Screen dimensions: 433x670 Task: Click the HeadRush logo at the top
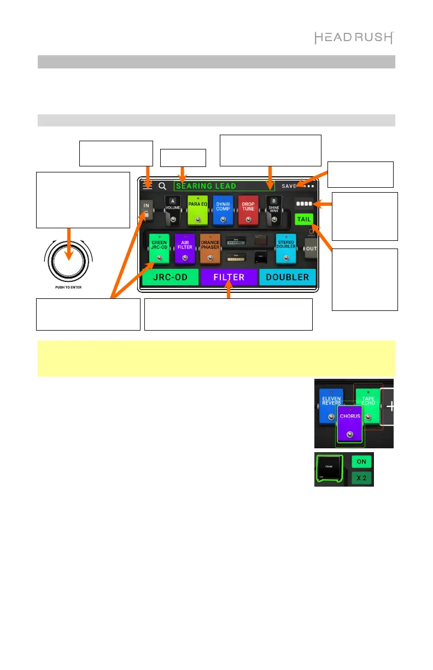tap(354, 38)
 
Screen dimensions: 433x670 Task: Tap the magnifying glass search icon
tap(162, 186)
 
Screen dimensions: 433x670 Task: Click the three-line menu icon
tap(148, 186)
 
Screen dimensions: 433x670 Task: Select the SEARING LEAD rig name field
tap(224, 186)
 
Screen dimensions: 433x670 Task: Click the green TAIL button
tap(303, 219)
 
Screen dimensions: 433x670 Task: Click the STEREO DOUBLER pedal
tap(285, 248)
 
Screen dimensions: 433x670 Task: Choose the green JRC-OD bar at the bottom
tap(169, 278)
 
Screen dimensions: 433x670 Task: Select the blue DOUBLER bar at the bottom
tap(288, 278)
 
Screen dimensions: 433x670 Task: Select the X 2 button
tap(361, 478)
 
